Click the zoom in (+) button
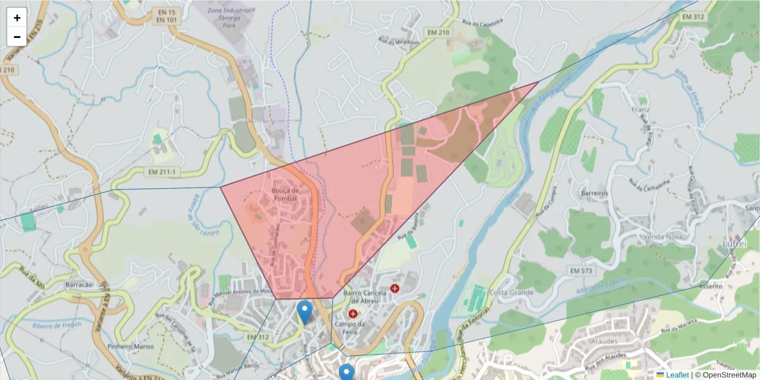click(x=16, y=18)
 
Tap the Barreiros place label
click(x=594, y=193)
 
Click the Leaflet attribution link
click(x=676, y=375)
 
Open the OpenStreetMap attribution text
click(x=725, y=375)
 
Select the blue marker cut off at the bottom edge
click(x=346, y=372)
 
